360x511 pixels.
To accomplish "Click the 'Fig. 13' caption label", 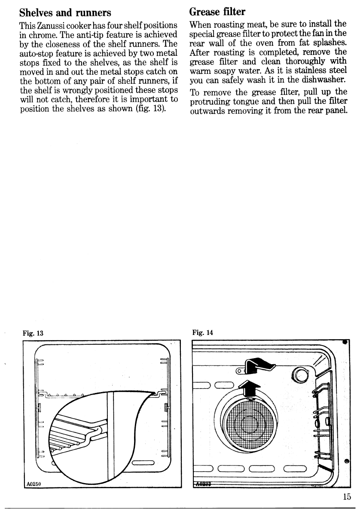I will coord(34,333).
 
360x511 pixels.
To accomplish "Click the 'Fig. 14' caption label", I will coord(203,332).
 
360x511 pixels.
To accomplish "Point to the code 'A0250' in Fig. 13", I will coord(33,482).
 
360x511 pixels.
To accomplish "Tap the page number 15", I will coord(347,497).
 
